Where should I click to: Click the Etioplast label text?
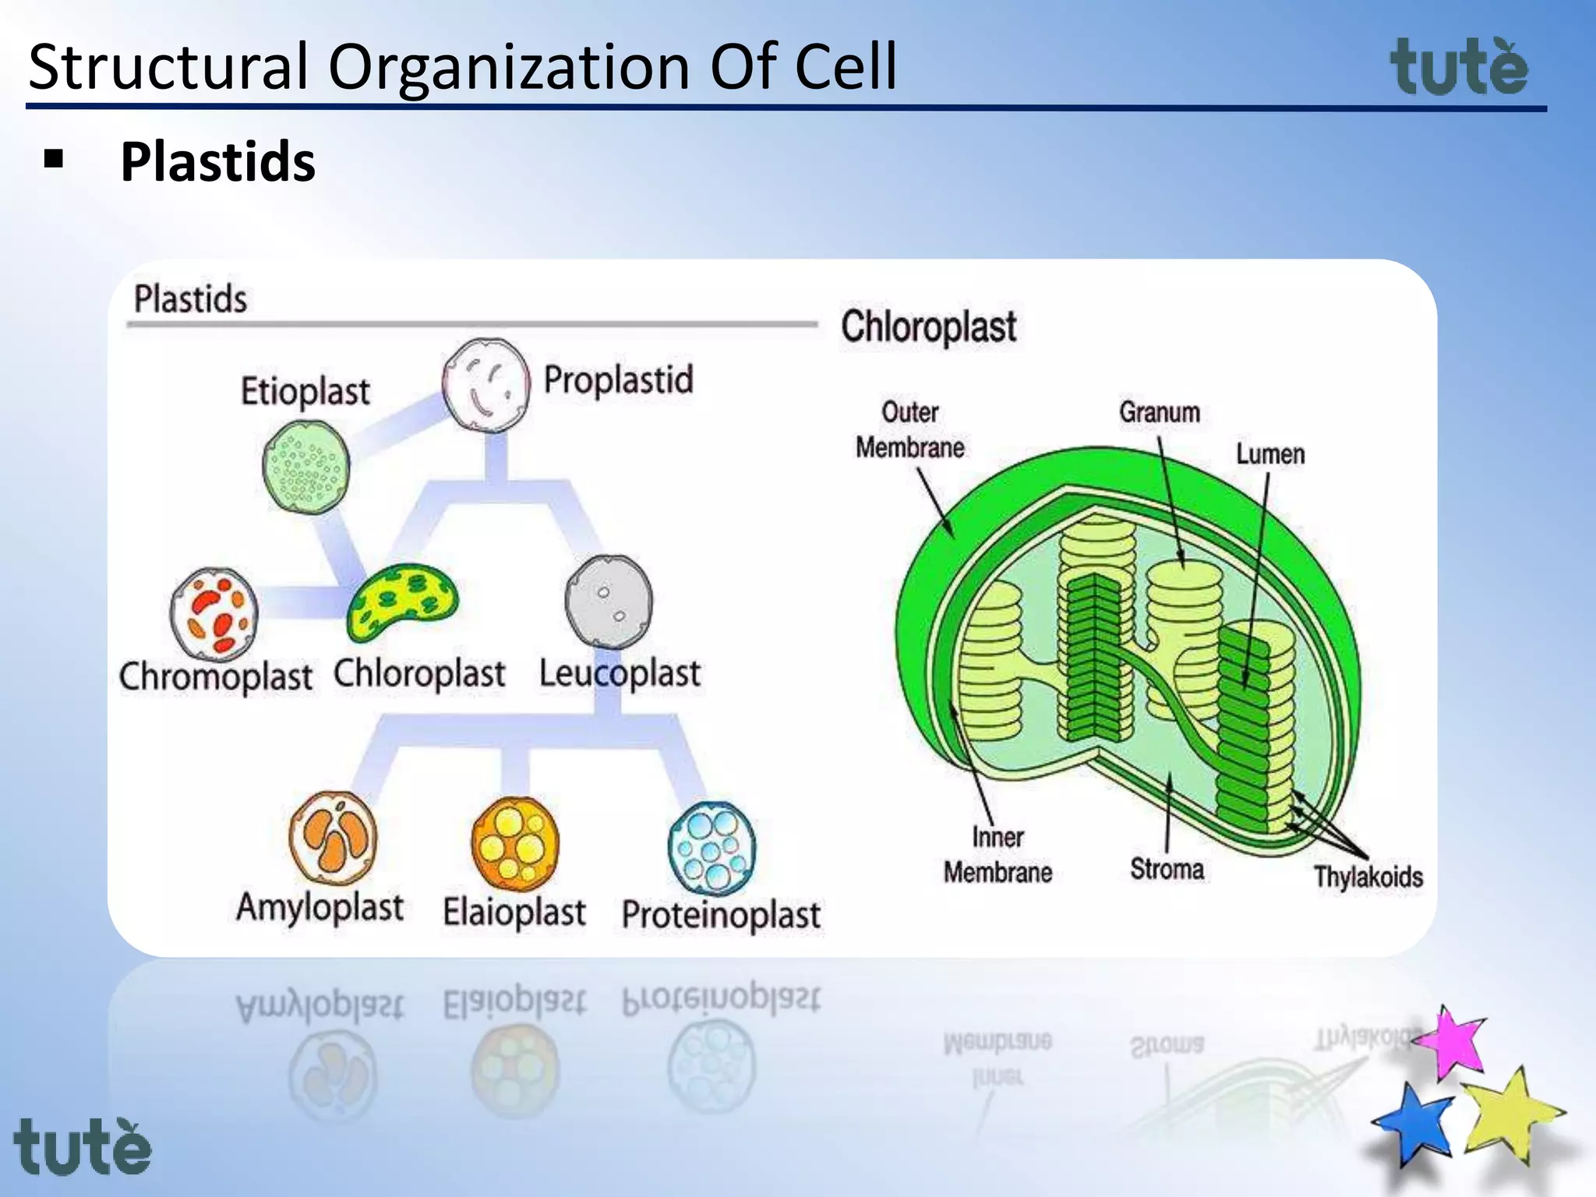pyautogui.click(x=305, y=391)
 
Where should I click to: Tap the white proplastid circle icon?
pyautogui.click(x=486, y=385)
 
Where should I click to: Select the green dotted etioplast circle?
pyautogui.click(x=306, y=467)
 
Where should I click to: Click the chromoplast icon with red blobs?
pyautogui.click(x=214, y=615)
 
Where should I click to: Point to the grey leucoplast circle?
pyautogui.click(x=609, y=602)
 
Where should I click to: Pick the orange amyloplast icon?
pyautogui.click(x=334, y=839)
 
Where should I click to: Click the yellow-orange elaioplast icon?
pyautogui.click(x=515, y=844)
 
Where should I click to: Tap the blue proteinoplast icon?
pyautogui.click(x=711, y=849)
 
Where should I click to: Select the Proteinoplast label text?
pyautogui.click(x=721, y=914)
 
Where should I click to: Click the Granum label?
pyautogui.click(x=1160, y=412)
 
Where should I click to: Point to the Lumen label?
pyautogui.click(x=1270, y=454)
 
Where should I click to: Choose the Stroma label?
pyautogui.click(x=1167, y=869)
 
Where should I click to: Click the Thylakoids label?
pyautogui.click(x=1368, y=877)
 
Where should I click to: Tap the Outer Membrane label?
pyautogui.click(x=909, y=430)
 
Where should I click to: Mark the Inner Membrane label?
pyautogui.click(x=997, y=855)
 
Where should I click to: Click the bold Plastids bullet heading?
pyautogui.click(x=217, y=162)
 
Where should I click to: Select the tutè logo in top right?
pyautogui.click(x=1459, y=68)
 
